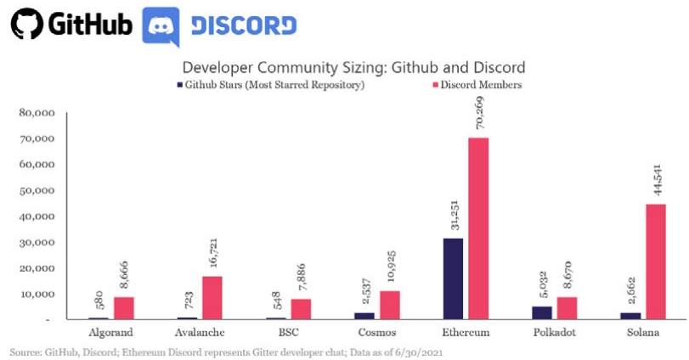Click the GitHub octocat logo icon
[x=25, y=25]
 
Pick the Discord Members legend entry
[x=479, y=85]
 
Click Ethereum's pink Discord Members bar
[x=479, y=228]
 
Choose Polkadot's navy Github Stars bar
[x=540, y=312]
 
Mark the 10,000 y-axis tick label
[x=38, y=294]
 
